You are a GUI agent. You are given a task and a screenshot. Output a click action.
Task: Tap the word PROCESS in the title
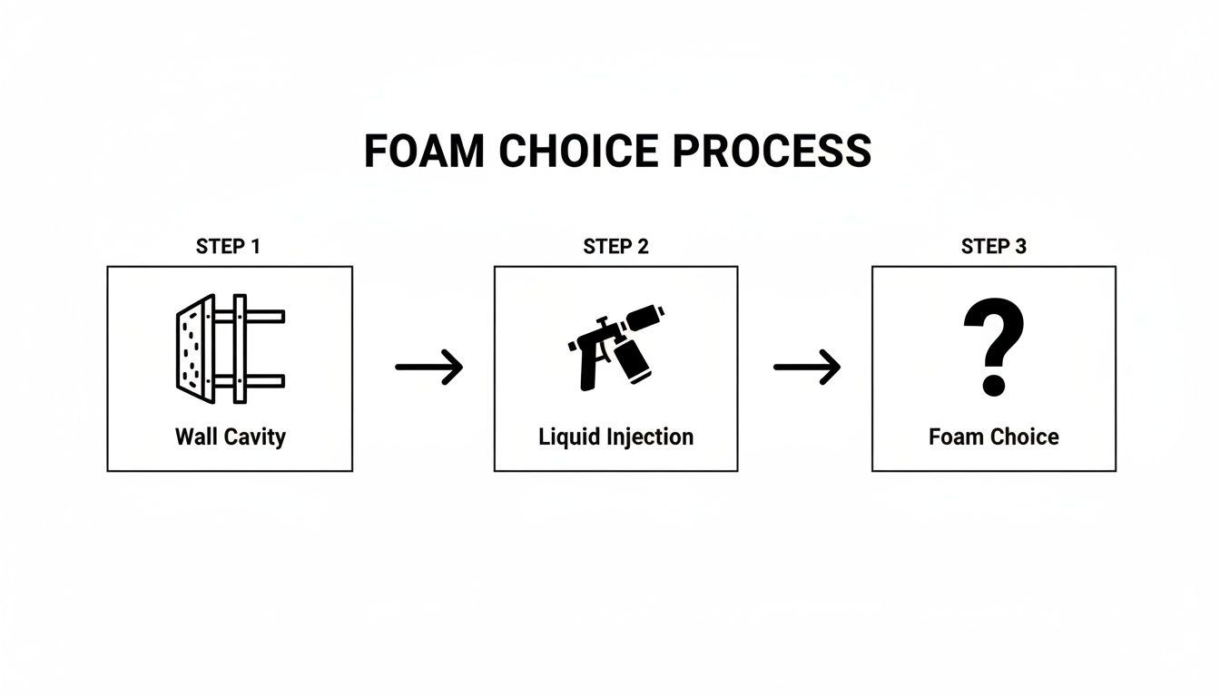tap(773, 152)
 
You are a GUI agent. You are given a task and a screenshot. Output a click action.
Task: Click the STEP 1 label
tap(228, 247)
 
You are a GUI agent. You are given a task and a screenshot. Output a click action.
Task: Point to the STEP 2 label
tap(615, 247)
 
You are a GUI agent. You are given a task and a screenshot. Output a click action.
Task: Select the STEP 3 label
tap(993, 247)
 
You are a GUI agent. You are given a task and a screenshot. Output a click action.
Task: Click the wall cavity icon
tap(229, 348)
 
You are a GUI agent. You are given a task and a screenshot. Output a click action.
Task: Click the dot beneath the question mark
tap(994, 384)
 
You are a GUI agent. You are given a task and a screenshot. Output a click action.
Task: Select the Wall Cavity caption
tap(230, 437)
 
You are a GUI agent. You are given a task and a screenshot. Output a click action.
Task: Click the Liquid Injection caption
tap(615, 437)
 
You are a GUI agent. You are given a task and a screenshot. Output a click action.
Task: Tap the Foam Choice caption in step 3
tap(993, 437)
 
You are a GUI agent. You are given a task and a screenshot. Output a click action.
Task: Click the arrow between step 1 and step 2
tap(429, 367)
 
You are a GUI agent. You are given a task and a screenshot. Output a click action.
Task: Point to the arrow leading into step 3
tap(807, 367)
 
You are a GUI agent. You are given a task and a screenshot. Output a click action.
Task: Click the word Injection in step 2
tap(652, 437)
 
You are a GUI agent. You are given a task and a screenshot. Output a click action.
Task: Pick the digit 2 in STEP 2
tap(643, 247)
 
